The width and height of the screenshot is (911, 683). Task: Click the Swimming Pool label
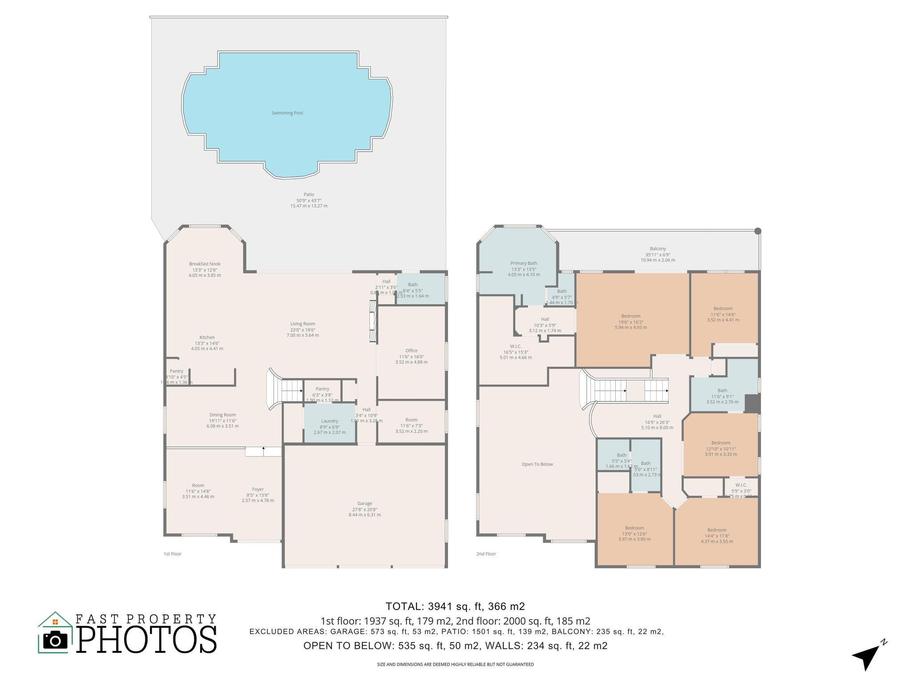pos(287,113)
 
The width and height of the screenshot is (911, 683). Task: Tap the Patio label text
pos(309,195)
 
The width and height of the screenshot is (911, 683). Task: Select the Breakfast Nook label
pos(205,264)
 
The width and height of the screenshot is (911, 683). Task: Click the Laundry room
pos(330,421)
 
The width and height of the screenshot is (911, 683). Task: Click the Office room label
pos(411,351)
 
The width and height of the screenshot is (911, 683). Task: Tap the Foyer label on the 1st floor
pos(258,490)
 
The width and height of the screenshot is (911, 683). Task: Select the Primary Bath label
pos(524,264)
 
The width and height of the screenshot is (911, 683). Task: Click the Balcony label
pos(657,249)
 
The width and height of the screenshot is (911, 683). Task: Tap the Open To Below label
pos(537,464)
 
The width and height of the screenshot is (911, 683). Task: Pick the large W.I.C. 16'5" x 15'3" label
pos(516,346)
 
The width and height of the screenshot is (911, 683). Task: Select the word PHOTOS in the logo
pos(147,640)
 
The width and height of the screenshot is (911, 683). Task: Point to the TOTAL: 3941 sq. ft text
pos(455,607)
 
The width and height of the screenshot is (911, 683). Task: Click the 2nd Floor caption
pos(486,554)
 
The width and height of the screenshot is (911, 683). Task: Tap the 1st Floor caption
pos(173,554)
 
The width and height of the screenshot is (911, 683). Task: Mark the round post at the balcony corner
pos(758,231)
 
